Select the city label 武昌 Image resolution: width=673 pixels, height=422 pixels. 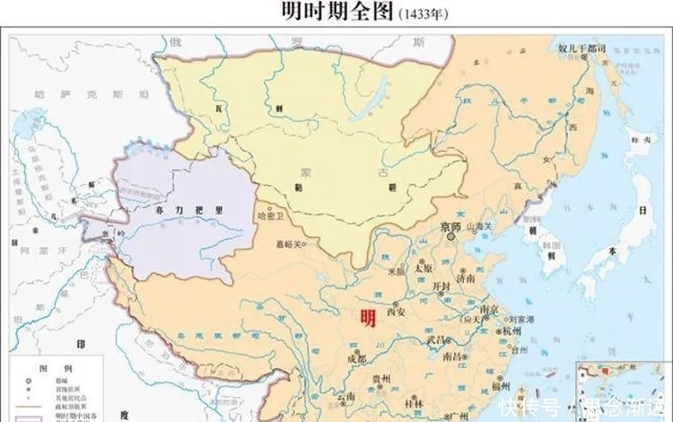[x=436, y=338]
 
